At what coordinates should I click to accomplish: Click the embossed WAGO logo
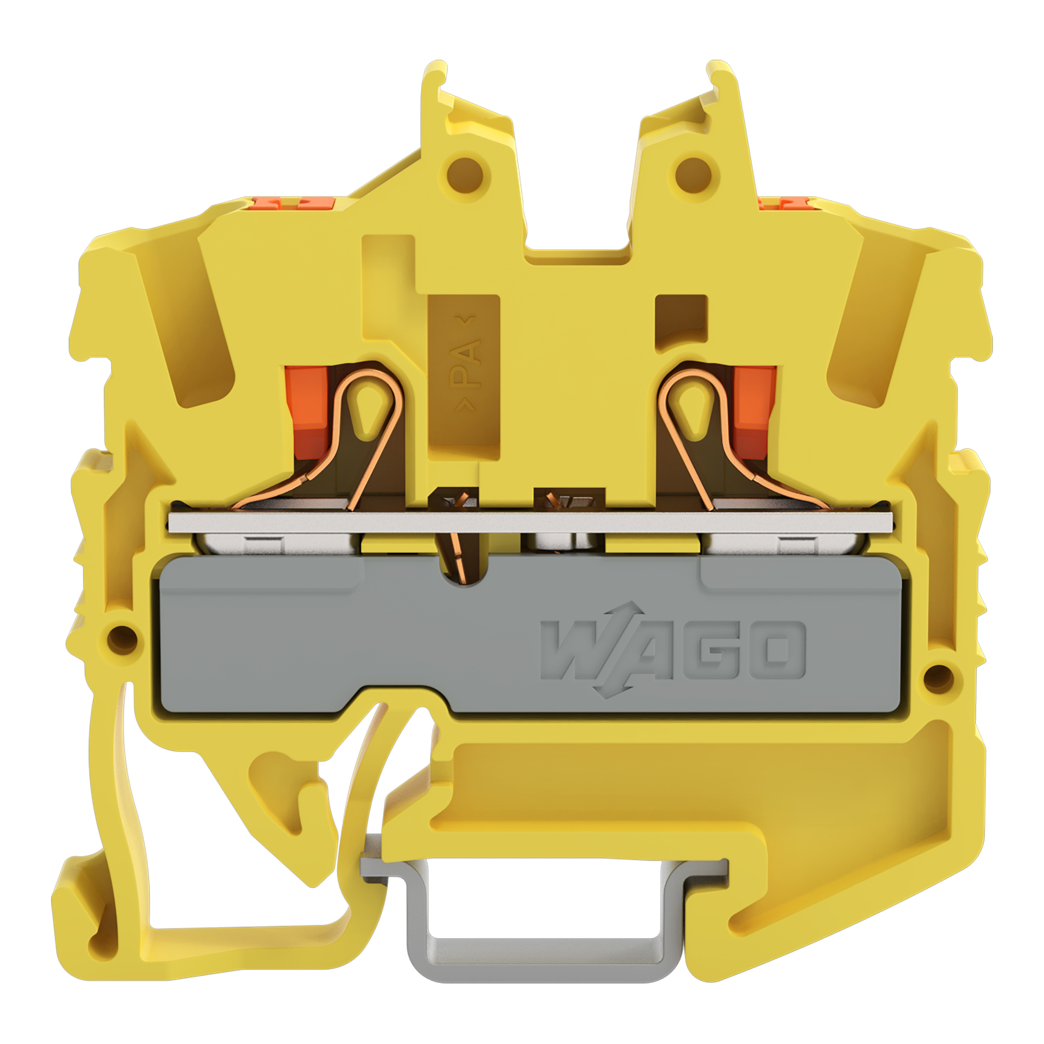point(673,650)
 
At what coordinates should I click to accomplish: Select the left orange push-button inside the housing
point(307,414)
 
